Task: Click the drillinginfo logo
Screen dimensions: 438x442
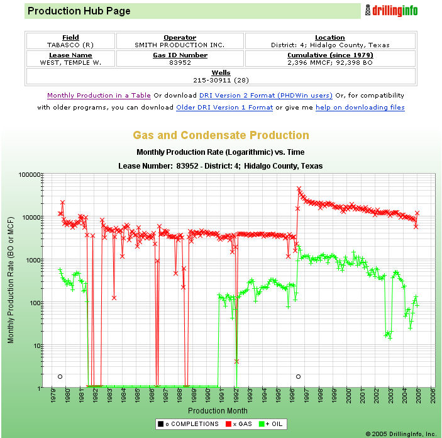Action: click(391, 11)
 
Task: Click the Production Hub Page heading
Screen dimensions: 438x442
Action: click(79, 11)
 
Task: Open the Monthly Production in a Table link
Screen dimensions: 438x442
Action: click(99, 96)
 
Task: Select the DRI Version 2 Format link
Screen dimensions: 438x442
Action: click(265, 96)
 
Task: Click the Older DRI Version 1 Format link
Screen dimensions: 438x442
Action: click(224, 108)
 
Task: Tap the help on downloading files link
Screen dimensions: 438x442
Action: click(360, 108)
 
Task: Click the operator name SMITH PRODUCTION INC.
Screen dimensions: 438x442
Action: click(180, 45)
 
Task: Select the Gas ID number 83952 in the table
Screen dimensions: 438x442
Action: click(180, 63)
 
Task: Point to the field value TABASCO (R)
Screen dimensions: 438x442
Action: click(70, 45)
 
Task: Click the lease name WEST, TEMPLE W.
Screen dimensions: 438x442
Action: click(70, 63)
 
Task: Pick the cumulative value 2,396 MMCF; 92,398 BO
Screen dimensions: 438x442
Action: click(330, 63)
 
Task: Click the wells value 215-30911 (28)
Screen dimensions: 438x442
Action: click(221, 81)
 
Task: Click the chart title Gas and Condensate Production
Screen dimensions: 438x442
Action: click(221, 135)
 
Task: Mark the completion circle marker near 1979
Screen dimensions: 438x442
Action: click(60, 376)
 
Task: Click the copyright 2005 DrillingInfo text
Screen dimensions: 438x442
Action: click(400, 434)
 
